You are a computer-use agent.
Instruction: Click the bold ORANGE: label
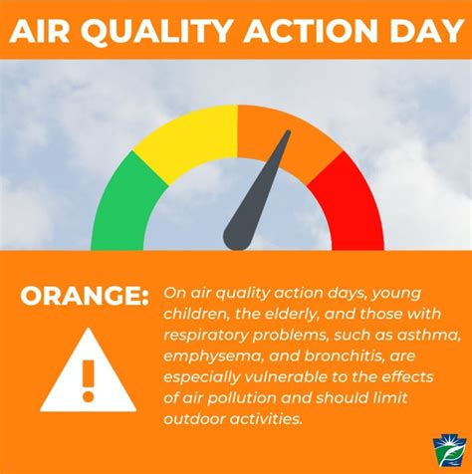pyautogui.click(x=81, y=296)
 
